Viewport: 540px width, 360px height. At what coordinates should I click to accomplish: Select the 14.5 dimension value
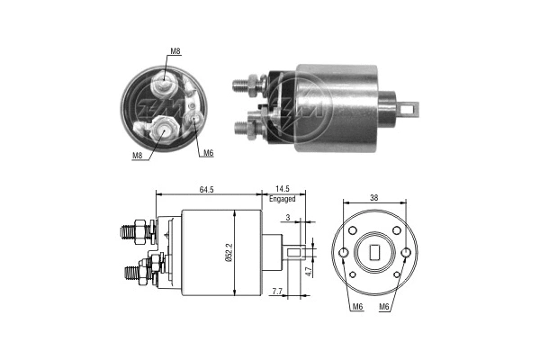[282, 188]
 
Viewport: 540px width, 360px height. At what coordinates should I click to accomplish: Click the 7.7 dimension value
[277, 292]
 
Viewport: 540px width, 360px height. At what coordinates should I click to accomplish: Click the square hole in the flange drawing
[374, 254]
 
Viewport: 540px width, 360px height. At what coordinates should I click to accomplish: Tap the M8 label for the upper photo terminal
[175, 51]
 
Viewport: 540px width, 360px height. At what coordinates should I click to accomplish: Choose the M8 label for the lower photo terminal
[138, 155]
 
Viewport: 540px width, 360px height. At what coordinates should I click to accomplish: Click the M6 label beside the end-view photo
[207, 153]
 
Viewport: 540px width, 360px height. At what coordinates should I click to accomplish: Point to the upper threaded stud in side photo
[243, 85]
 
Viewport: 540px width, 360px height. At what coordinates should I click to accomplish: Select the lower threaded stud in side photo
[243, 126]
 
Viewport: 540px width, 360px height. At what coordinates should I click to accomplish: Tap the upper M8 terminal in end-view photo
[166, 86]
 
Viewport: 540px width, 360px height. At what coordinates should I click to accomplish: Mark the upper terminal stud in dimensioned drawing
[134, 232]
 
